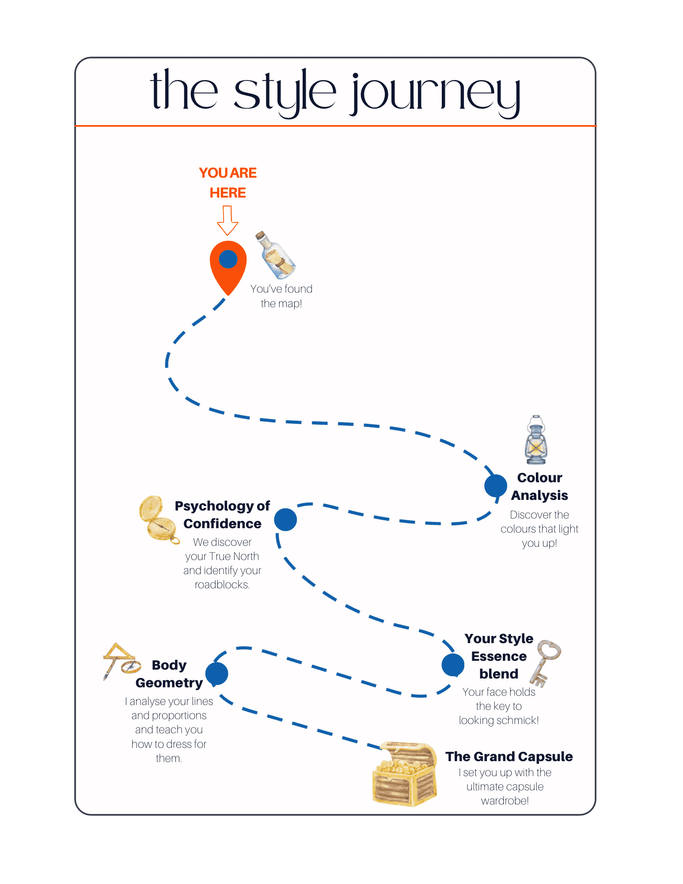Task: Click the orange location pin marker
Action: point(228,265)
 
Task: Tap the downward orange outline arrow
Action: point(228,221)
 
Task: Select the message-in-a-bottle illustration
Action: point(275,255)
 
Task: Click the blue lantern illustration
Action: point(536,440)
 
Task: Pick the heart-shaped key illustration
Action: point(546,662)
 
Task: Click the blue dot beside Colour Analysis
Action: point(496,486)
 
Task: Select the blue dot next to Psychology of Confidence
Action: point(285,519)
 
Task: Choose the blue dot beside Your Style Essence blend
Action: point(453,665)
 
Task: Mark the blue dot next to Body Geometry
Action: point(217,674)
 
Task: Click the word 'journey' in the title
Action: point(436,93)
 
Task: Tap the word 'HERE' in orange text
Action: point(228,193)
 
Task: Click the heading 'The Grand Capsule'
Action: point(509,757)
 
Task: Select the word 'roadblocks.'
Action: point(222,585)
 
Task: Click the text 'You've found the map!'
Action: point(281,296)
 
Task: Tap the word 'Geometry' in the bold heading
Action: point(169,683)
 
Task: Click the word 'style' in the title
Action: point(285,93)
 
